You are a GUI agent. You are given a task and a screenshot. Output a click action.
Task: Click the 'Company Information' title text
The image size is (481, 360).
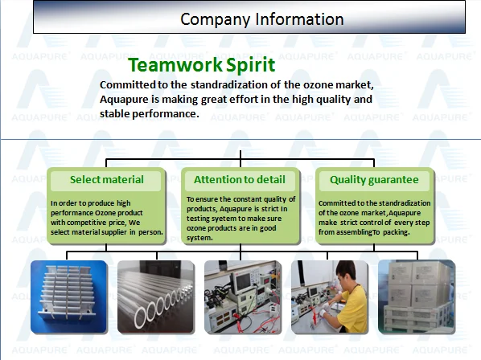[x=261, y=19]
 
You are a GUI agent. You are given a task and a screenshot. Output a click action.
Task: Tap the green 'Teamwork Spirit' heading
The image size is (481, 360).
[x=202, y=65]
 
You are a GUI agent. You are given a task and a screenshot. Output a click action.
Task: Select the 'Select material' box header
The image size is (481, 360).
[x=106, y=179]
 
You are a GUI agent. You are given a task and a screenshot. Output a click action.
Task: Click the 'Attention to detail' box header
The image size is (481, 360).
[x=240, y=179]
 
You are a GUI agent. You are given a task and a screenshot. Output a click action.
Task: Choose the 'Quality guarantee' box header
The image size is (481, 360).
[x=374, y=180]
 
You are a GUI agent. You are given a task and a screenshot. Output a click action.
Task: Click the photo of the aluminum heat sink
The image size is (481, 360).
[x=68, y=297]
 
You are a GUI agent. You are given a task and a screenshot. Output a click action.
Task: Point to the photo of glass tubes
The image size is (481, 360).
[x=156, y=297]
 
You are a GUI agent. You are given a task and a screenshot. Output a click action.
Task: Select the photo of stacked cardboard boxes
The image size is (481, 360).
[x=417, y=297]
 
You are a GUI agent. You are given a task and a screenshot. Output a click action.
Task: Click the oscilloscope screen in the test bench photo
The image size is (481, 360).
[x=241, y=280]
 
